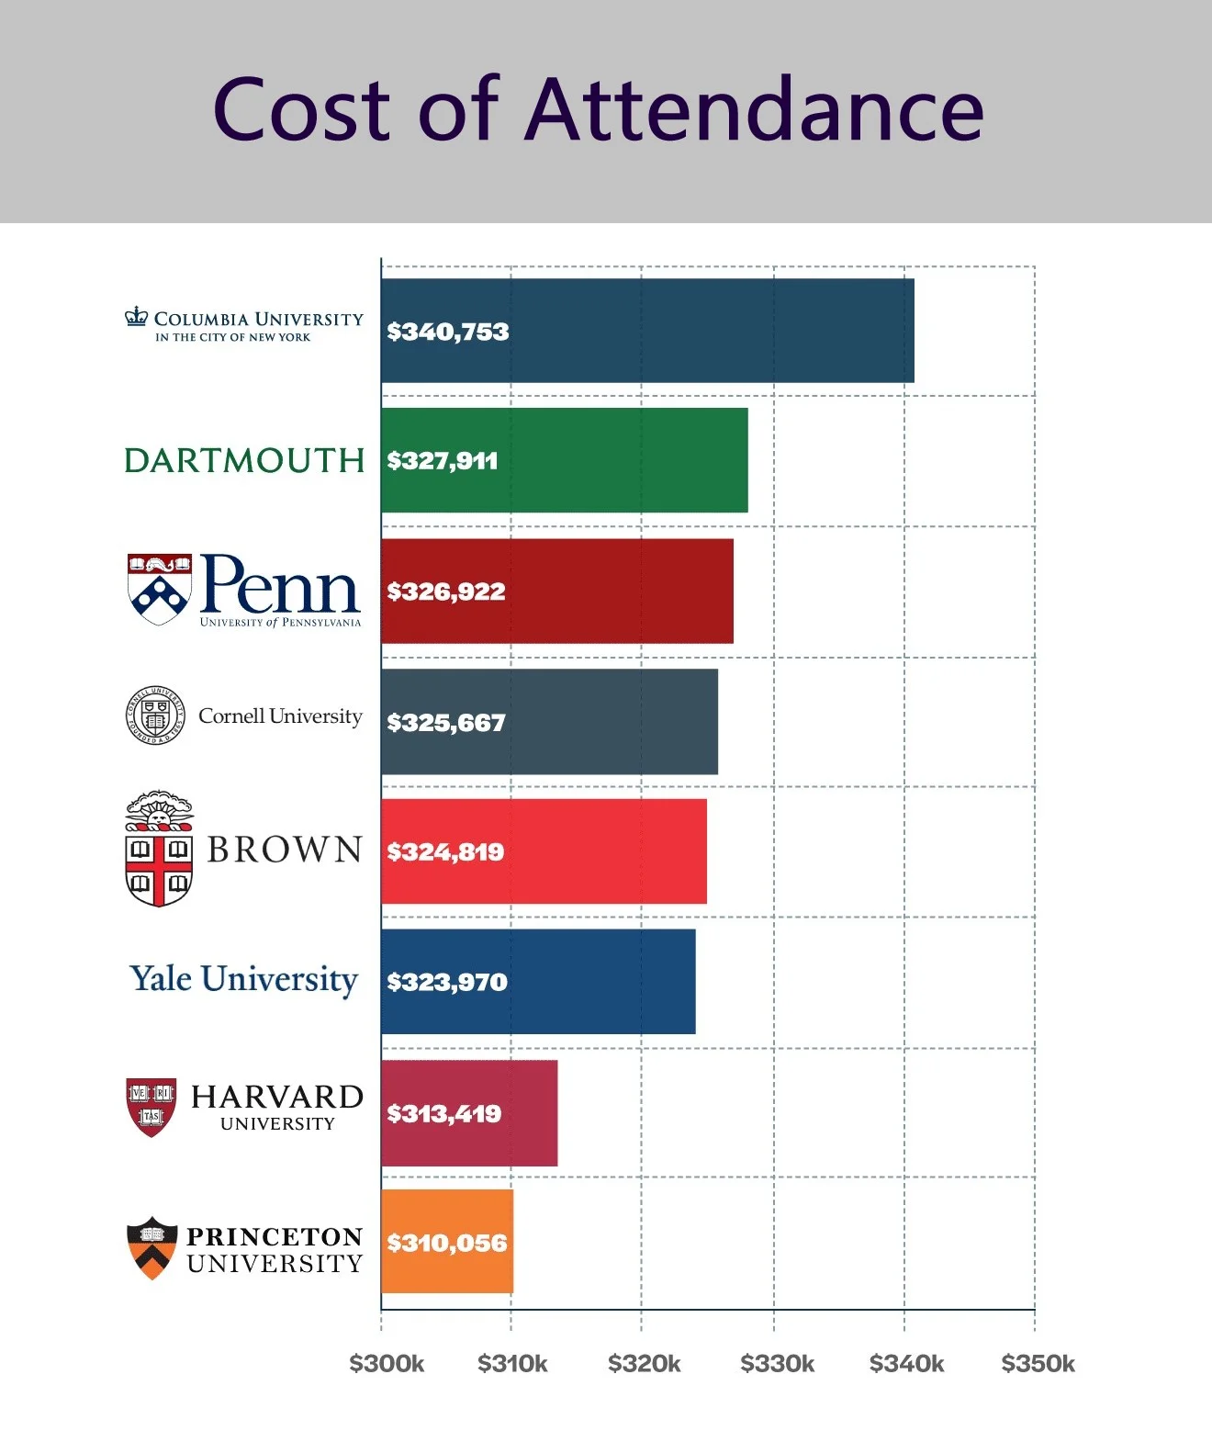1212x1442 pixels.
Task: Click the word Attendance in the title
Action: point(755,110)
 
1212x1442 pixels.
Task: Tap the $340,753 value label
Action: point(448,332)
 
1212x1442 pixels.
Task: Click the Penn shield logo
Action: point(159,589)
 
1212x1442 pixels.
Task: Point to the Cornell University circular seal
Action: point(155,715)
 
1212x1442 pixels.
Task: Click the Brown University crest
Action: point(159,849)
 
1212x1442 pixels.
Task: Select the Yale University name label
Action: point(243,979)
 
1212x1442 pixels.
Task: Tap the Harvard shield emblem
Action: point(151,1107)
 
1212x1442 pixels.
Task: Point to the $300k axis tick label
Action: point(387,1364)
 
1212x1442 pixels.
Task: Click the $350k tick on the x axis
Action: point(1038,1364)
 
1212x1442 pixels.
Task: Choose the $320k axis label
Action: point(644,1364)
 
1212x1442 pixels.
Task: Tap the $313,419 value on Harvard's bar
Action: point(444,1114)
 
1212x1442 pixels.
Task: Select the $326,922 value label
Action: point(446,591)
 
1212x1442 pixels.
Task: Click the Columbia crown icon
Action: point(137,317)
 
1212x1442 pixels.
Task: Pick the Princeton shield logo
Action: point(151,1248)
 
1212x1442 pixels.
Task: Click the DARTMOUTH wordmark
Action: point(244,460)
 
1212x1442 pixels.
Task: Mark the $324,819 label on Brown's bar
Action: point(445,852)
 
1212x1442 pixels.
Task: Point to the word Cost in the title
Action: point(303,110)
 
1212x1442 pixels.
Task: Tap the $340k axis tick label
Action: point(906,1364)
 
